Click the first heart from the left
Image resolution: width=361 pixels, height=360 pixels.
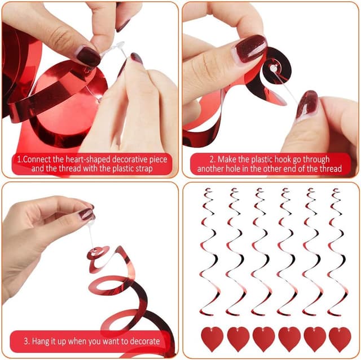(x=212, y=339)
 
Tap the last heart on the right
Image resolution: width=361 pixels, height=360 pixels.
(x=340, y=339)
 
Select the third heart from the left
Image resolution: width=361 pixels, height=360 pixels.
(x=263, y=339)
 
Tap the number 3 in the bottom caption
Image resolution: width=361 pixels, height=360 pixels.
(x=27, y=341)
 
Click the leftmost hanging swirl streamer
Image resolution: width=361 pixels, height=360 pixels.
(x=209, y=254)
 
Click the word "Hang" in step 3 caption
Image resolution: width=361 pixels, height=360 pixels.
(x=42, y=341)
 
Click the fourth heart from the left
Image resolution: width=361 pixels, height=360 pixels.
(x=289, y=339)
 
